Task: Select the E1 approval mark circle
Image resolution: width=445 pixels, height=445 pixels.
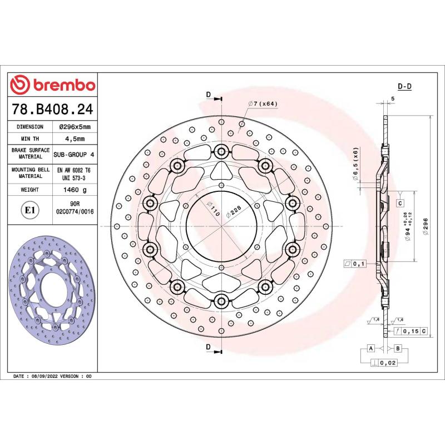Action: click(29, 210)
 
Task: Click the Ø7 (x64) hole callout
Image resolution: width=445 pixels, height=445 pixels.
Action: click(262, 104)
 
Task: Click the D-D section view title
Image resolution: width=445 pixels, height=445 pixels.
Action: click(404, 87)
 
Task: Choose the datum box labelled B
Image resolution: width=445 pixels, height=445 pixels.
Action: click(397, 348)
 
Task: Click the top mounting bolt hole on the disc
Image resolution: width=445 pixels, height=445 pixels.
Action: click(222, 151)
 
